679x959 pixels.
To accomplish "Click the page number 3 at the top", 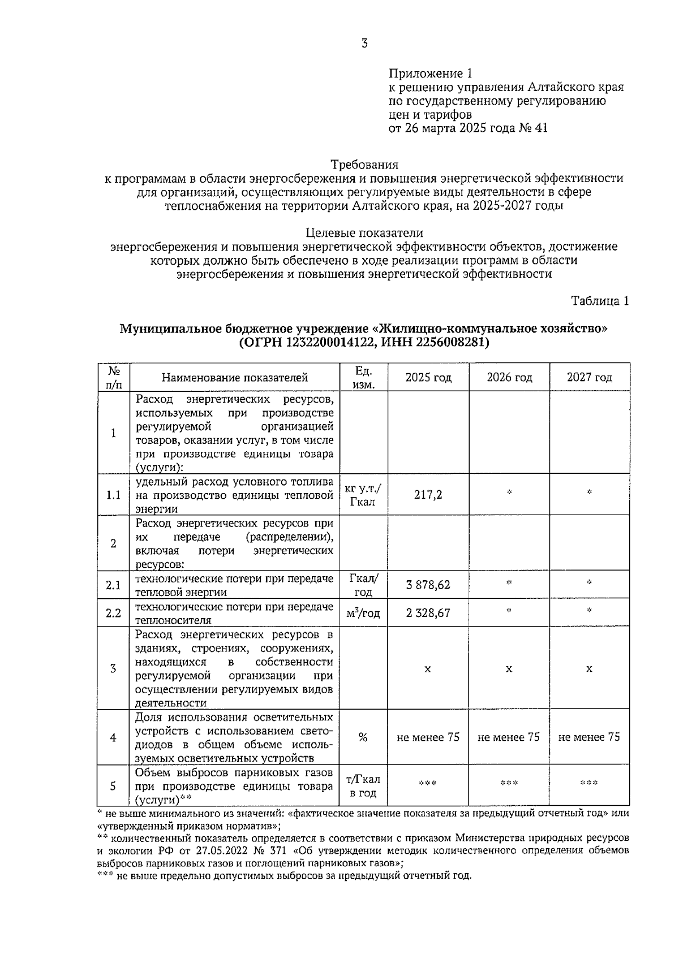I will (x=364, y=43).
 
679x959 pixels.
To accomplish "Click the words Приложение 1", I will (x=429, y=74).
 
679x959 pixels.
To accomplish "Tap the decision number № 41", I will (x=533, y=128).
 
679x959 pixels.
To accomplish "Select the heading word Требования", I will (x=364, y=165).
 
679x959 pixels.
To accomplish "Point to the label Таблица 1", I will (x=600, y=301).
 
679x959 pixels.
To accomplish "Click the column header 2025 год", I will (x=428, y=378).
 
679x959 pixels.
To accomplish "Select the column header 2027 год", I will (x=589, y=378).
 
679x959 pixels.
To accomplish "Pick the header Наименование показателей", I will (x=235, y=378).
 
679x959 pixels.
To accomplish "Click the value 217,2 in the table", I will (x=428, y=495).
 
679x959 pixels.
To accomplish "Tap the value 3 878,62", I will (x=428, y=585).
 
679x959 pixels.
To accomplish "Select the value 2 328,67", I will (x=428, y=613).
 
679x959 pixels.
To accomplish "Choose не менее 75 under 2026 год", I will (x=509, y=737).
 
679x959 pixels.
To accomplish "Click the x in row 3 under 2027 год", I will (x=589, y=669).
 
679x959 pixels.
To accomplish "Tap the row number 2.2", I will (x=114, y=613).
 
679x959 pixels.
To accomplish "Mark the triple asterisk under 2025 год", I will (x=428, y=784).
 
